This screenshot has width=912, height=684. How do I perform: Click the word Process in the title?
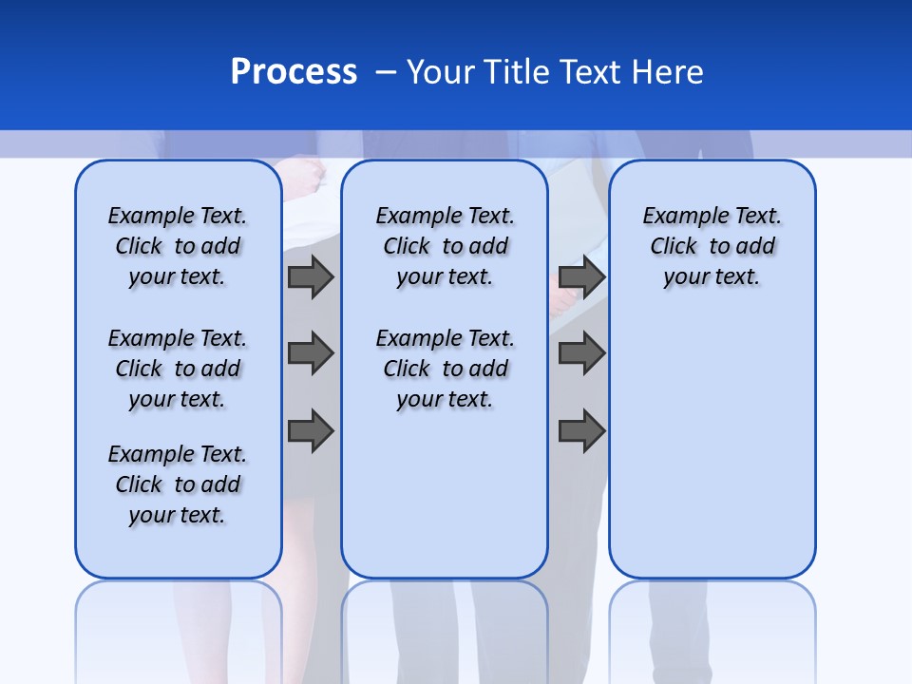[x=294, y=72]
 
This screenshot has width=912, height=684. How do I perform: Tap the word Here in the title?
[x=669, y=72]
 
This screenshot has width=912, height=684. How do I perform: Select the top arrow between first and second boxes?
[x=311, y=276]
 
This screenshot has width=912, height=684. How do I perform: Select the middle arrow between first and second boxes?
[x=311, y=353]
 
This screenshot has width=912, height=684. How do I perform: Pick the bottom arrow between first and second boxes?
[x=311, y=430]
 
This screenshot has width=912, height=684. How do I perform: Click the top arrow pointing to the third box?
[x=581, y=276]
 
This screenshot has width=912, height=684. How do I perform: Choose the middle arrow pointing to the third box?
[x=581, y=353]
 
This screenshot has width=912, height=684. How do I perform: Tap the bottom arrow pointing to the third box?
[x=581, y=430]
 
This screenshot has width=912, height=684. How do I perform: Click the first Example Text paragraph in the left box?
[x=178, y=246]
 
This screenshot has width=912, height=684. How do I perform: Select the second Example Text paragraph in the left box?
[x=178, y=369]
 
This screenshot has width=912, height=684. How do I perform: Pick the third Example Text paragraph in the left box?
[x=178, y=484]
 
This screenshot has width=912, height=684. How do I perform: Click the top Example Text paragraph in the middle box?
[x=445, y=246]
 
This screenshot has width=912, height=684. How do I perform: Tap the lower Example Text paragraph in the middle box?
[x=445, y=369]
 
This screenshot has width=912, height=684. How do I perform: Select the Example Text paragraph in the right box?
[x=712, y=246]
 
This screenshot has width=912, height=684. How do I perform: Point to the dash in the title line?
[x=385, y=72]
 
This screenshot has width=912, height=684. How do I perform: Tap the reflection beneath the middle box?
[x=445, y=627]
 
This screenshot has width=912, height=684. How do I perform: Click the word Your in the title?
[x=443, y=72]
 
